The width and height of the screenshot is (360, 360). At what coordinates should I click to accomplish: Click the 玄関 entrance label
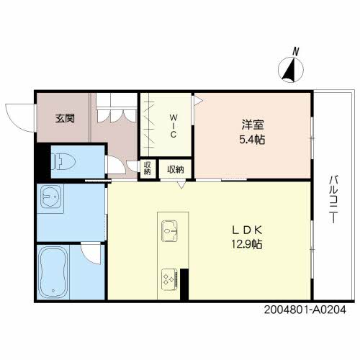click(65, 118)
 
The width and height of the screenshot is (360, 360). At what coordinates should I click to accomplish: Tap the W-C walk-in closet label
click(174, 127)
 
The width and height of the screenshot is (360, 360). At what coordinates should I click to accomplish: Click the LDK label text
click(246, 230)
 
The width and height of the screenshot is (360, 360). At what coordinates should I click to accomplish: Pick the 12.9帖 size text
click(246, 245)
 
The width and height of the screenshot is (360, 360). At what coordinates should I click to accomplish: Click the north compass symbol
click(291, 71)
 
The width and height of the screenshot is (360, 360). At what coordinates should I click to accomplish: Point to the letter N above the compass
click(295, 51)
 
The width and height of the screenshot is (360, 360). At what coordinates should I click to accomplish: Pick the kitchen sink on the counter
click(169, 232)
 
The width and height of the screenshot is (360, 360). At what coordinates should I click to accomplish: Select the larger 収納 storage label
click(175, 169)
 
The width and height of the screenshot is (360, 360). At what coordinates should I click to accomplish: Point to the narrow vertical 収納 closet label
click(148, 168)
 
